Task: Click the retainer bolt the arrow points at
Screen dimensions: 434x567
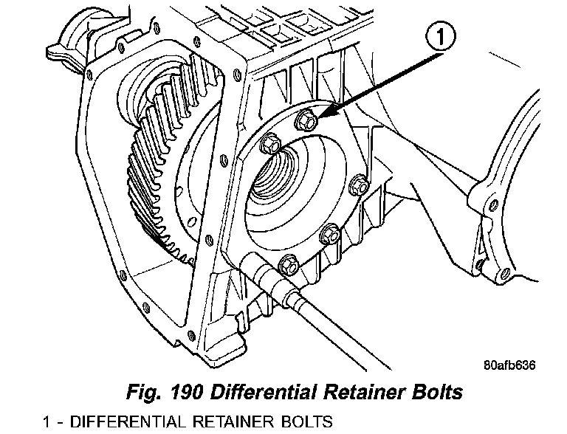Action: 306,118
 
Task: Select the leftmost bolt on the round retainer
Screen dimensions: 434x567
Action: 270,145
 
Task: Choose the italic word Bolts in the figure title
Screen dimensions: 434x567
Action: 436,392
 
